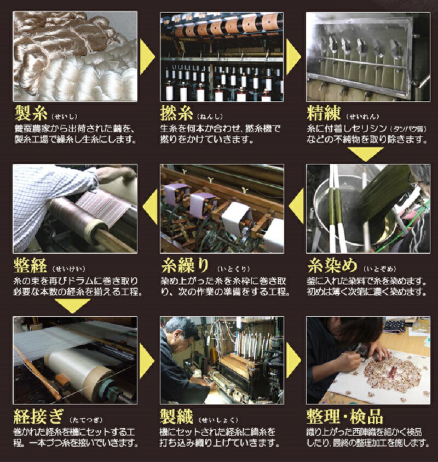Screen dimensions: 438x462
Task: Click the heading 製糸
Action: click(31, 113)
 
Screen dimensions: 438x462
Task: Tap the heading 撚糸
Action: click(176, 113)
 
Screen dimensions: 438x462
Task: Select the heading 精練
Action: click(324, 113)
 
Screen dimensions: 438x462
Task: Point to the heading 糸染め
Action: click(332, 266)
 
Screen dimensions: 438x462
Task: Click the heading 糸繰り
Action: click(185, 266)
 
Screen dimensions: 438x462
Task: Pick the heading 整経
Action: click(30, 266)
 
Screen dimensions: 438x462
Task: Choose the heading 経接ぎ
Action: click(38, 417)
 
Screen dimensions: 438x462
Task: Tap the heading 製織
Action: click(176, 417)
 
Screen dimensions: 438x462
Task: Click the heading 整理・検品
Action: click(345, 417)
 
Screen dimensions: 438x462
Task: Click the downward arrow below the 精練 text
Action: click(366, 155)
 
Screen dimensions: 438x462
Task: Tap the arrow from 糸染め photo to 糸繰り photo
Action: click(296, 206)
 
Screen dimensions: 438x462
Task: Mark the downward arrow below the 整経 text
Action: click(73, 306)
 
